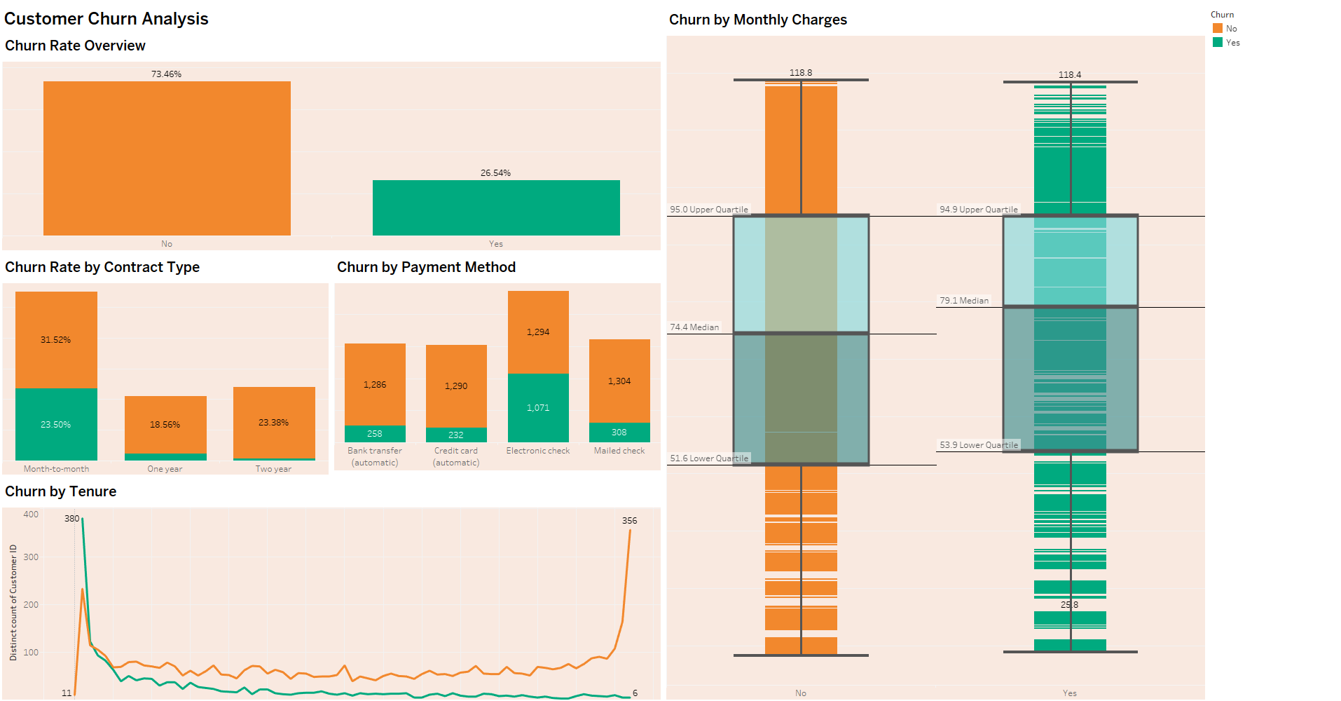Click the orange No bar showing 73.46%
pyautogui.click(x=167, y=158)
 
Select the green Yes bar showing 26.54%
pyautogui.click(x=496, y=208)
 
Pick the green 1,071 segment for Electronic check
pyautogui.click(x=538, y=407)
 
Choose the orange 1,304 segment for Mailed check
pyautogui.click(x=619, y=381)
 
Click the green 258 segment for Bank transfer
pyautogui.click(x=375, y=434)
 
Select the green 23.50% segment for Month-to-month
pyautogui.click(x=56, y=424)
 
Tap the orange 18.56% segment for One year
pyautogui.click(x=165, y=424)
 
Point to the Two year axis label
pyautogui.click(x=273, y=469)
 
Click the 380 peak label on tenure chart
pyautogui.click(x=71, y=519)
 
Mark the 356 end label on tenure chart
pyautogui.click(x=629, y=521)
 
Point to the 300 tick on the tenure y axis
pyautogui.click(x=31, y=557)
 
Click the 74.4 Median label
pyautogui.click(x=694, y=327)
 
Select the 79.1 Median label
pyautogui.click(x=964, y=301)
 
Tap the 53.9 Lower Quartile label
pyautogui.click(x=979, y=445)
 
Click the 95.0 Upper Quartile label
pyautogui.click(x=709, y=210)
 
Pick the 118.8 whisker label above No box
pyautogui.click(x=801, y=73)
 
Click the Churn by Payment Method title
pyautogui.click(x=426, y=267)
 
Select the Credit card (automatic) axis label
pyautogui.click(x=456, y=456)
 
